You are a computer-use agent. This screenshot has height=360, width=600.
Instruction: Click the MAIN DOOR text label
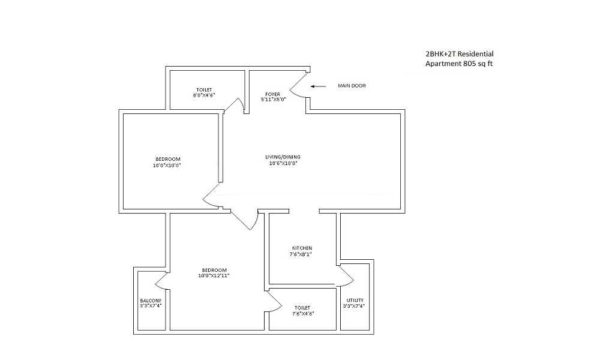click(352, 86)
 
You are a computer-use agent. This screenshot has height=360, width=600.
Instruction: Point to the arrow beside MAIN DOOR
click(318, 86)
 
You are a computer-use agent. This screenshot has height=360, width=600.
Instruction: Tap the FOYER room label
click(273, 94)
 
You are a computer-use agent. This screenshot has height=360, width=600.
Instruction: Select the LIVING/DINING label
click(283, 157)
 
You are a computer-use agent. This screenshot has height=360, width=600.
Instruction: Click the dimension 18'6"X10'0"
click(283, 163)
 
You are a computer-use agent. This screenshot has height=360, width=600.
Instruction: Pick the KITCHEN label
click(302, 248)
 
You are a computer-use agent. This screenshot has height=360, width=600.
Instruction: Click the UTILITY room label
click(355, 301)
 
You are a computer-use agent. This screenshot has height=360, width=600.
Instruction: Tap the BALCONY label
click(151, 301)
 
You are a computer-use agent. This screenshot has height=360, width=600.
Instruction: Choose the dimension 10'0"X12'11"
click(214, 276)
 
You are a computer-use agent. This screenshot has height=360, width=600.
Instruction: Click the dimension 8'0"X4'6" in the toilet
click(204, 95)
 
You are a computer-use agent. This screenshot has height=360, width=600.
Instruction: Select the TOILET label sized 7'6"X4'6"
click(302, 308)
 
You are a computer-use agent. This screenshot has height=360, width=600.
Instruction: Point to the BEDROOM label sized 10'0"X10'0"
click(168, 159)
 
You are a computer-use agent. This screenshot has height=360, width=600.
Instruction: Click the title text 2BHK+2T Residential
click(460, 54)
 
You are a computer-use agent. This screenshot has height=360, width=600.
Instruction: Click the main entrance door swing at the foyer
click(299, 85)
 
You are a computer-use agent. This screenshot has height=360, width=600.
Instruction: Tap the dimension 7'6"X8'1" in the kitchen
click(301, 254)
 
